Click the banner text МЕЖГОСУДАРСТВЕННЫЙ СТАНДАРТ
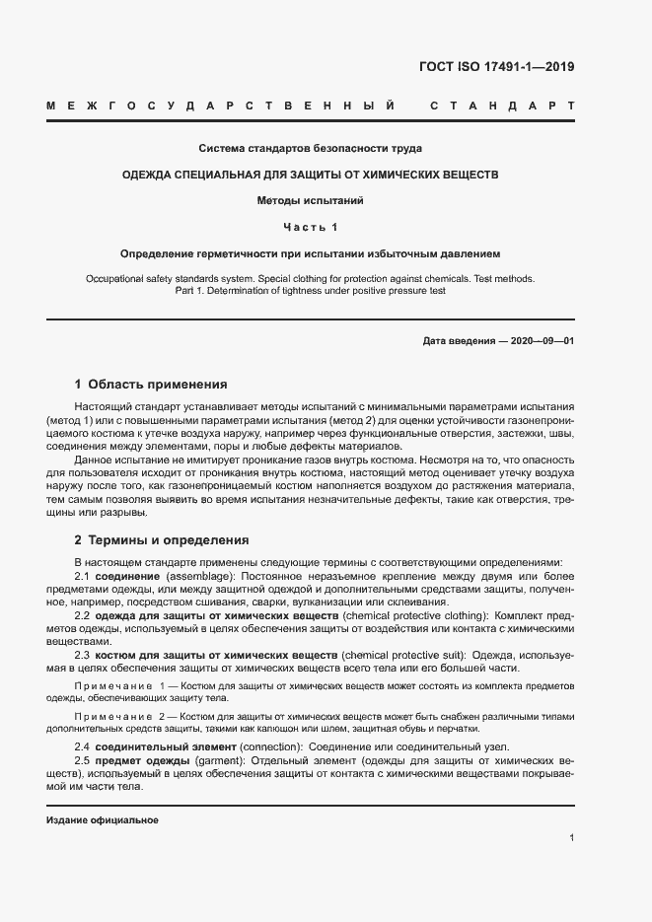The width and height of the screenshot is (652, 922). coord(310,104)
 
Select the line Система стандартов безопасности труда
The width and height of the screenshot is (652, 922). coord(310,149)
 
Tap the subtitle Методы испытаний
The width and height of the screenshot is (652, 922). coord(310,200)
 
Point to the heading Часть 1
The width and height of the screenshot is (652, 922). coord(310,228)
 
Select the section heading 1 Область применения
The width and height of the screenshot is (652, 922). coord(151,384)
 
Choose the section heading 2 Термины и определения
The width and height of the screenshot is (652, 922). coord(162,540)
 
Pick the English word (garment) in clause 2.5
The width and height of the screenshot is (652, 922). coord(220,761)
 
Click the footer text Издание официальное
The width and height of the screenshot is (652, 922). coord(102,819)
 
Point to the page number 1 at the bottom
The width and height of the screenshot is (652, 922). coord(571,837)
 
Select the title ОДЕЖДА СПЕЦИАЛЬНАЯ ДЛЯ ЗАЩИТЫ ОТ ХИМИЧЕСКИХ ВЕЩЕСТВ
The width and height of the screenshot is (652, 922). coord(310,175)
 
